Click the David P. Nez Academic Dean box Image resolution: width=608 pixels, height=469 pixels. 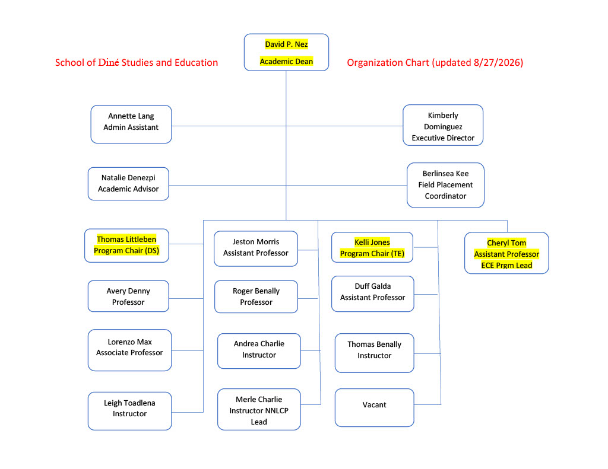coord(286,52)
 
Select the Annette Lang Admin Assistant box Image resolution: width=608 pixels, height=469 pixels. coord(131,125)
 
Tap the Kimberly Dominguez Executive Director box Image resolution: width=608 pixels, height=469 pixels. coord(443,125)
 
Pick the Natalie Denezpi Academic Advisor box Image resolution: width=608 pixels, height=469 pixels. coord(128,184)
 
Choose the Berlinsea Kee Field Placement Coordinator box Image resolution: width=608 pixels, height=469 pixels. coord(445,185)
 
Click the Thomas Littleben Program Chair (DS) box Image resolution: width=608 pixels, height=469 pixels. coord(126,245)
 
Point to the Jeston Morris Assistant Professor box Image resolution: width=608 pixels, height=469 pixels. coord(256,248)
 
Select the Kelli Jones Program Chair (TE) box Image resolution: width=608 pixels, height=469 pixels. coord(372,247)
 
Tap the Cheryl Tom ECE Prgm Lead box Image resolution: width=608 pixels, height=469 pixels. coord(506,253)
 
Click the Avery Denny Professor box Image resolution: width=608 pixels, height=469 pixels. coord(128,296)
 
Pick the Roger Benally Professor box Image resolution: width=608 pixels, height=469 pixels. coord(256,296)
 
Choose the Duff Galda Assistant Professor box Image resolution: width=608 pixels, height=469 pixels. coord(373,293)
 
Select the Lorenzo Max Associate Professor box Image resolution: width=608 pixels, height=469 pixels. coord(130,350)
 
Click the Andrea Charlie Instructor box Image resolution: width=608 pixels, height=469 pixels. coord(259,351)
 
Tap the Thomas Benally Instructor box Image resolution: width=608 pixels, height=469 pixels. coord(375,353)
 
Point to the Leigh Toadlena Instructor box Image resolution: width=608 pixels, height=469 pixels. coord(130,411)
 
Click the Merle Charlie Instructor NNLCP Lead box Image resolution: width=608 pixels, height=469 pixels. coord(259,409)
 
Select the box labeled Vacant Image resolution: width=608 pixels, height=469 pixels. coord(375,407)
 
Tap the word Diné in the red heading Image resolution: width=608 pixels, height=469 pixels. coord(109,62)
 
